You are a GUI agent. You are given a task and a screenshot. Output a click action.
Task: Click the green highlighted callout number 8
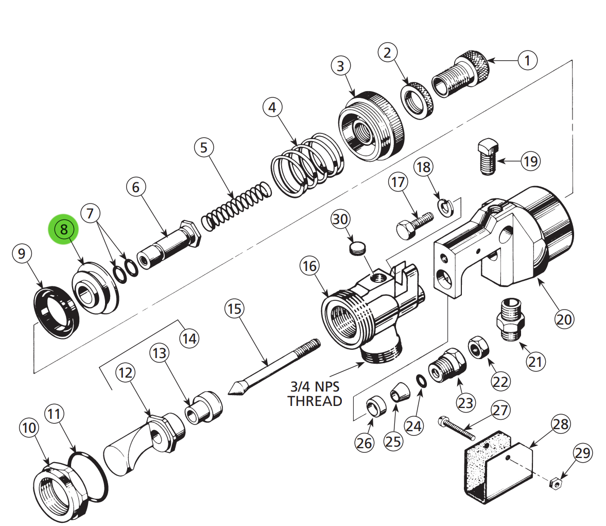(64, 229)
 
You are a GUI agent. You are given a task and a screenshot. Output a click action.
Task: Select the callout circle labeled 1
(527, 60)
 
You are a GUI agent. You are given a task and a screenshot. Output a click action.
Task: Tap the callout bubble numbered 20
(564, 319)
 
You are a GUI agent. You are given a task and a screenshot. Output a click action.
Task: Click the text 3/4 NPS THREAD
(315, 394)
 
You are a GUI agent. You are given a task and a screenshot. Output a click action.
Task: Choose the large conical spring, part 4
(307, 164)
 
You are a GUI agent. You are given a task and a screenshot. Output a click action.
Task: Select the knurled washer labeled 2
(417, 100)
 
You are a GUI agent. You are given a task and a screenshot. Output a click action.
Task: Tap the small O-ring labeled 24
(421, 381)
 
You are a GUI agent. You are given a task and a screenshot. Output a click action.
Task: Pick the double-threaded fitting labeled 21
(511, 318)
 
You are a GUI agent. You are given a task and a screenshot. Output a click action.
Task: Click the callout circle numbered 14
(189, 338)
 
